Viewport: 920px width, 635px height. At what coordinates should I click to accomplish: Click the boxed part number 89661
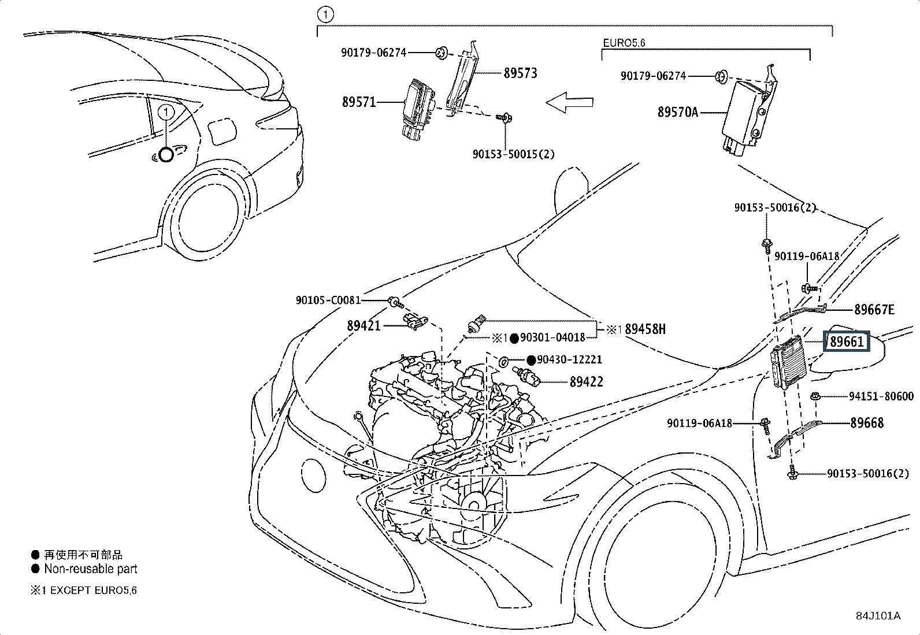pos(847,342)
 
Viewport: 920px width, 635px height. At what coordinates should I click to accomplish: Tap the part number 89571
pos(359,102)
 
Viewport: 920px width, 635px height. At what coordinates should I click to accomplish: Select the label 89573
pos(520,73)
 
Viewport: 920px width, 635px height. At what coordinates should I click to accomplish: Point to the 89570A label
pos(677,112)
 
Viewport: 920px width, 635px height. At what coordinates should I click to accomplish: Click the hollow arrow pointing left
pos(569,103)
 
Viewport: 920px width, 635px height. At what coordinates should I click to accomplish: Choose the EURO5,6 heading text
pos(624,43)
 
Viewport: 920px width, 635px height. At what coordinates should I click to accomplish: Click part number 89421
pos(363,325)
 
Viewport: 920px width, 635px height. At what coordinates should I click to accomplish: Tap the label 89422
pos(586,382)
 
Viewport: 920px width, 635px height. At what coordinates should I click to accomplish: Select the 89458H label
pos(645,329)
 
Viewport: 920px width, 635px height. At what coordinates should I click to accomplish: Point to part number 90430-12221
pos(569,359)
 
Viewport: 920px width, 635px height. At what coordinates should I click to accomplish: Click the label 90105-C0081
pos(328,300)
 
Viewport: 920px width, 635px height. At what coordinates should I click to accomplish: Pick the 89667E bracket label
pos(874,310)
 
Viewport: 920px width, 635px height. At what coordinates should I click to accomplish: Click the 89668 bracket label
pos(867,423)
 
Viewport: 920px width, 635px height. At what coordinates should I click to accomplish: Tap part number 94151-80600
pos(881,396)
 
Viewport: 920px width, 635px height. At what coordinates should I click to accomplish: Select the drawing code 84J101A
pos(878,616)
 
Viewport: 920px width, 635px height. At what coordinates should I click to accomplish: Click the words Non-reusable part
pos(91,569)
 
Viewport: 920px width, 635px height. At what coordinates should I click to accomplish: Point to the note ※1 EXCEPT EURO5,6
pos(84,590)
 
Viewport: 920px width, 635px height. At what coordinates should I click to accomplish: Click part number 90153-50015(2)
pos(513,154)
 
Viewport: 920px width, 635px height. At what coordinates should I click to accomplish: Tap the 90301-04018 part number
pos(552,337)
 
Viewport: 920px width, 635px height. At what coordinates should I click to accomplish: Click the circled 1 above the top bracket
pos(325,15)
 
